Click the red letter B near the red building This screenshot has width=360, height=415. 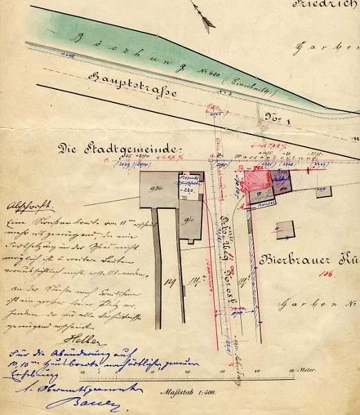pyautogui.click(x=238, y=168)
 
